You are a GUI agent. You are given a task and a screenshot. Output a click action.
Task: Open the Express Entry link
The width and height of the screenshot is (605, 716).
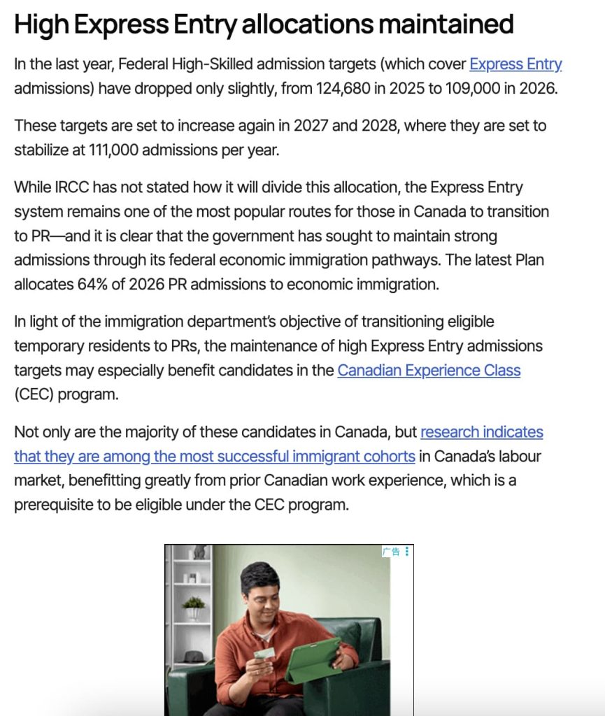point(515,65)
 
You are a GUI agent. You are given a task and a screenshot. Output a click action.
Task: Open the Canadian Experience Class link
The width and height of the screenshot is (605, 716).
point(429,371)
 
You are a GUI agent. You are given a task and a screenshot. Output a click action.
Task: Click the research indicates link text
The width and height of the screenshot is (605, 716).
point(481,432)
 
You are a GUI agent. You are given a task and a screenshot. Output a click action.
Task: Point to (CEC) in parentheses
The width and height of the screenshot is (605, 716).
point(34,394)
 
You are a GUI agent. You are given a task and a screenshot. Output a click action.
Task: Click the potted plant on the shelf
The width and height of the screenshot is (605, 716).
point(194,606)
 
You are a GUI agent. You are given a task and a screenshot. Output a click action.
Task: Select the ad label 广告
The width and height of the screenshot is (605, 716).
point(391,552)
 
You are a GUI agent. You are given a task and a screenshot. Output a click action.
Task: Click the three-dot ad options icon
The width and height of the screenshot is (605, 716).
point(407,552)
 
